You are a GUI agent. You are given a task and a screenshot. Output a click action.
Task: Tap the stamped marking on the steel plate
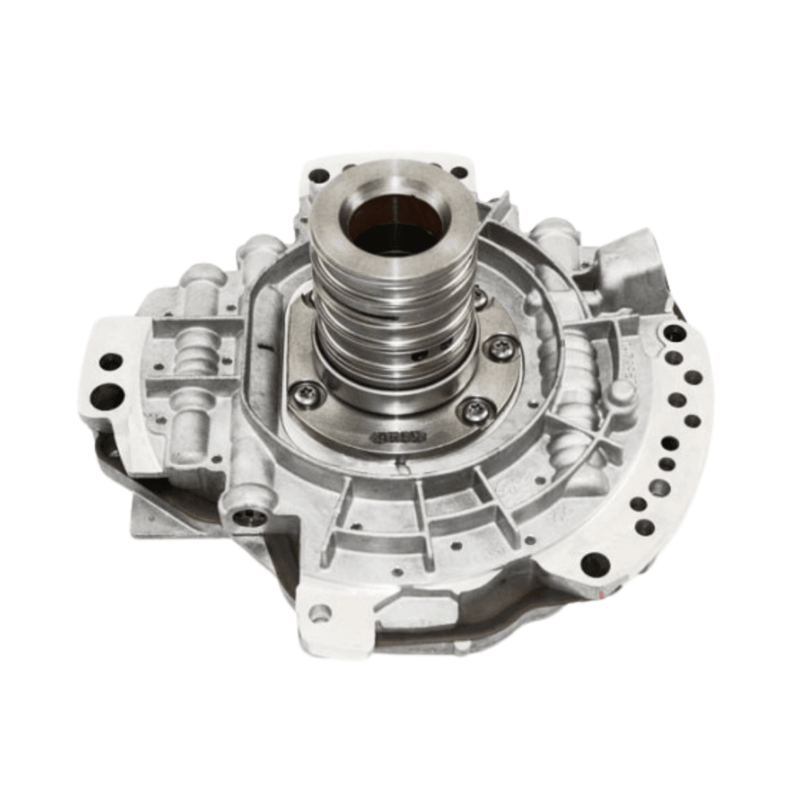397,437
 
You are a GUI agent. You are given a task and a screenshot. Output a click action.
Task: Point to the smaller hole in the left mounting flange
110,361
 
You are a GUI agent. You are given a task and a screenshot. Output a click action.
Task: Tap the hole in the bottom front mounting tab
319,612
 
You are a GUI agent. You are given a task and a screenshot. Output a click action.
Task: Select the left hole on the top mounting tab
319,176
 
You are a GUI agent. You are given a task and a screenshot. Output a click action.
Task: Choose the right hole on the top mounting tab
459,172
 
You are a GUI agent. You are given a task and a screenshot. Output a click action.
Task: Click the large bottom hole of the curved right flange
593,563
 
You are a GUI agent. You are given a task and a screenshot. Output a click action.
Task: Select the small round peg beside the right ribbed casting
623,392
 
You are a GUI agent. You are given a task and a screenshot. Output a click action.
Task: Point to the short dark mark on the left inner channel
267,347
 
